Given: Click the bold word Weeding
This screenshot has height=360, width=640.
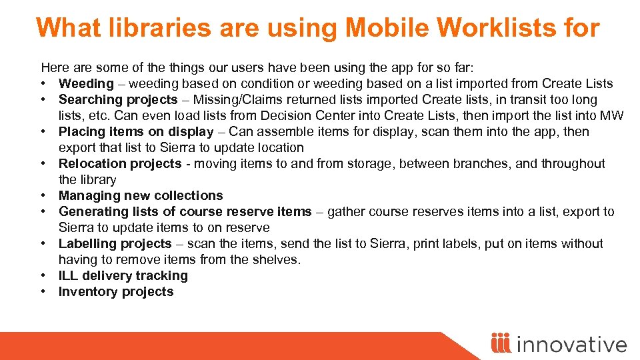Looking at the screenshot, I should pos(86,83).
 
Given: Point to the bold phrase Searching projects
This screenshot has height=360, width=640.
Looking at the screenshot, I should pos(118,99).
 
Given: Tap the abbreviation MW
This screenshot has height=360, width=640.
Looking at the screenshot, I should pos(612,115).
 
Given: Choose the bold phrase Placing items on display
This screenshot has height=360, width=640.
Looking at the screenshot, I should pos(136,131).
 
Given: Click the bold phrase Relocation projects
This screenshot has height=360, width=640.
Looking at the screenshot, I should pos(120,163).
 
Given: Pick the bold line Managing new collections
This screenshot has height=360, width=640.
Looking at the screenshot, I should pos(141,195).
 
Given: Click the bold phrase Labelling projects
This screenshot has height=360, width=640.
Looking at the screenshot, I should pos(115,243).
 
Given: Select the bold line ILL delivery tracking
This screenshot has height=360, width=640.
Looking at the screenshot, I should pos(123,275).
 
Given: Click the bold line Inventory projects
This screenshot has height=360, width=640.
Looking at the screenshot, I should pos(116,291).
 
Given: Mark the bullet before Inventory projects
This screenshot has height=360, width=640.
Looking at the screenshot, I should pos(44,291).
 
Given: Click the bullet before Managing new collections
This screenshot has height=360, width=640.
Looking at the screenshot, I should pos(44,195).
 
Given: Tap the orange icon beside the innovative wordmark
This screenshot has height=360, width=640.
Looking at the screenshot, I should pos(501,343).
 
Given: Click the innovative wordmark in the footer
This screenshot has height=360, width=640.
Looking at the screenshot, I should pos(571,344).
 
